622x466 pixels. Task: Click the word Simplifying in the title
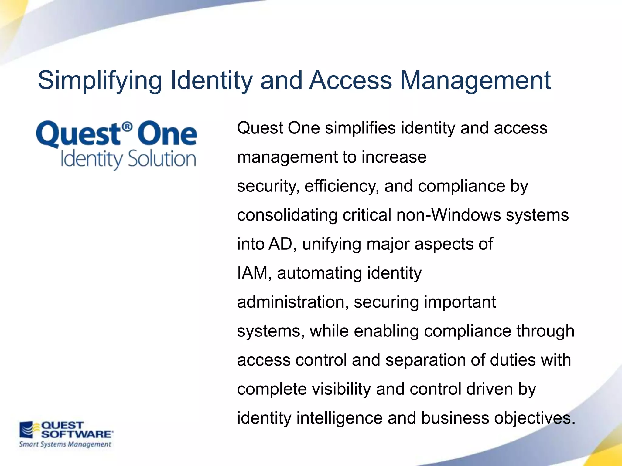point(100,81)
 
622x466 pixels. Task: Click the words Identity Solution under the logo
point(128,159)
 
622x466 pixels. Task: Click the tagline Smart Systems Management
point(65,444)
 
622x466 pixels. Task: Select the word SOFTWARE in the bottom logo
point(77,434)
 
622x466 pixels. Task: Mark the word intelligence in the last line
point(339,418)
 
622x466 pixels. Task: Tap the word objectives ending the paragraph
point(535,418)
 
